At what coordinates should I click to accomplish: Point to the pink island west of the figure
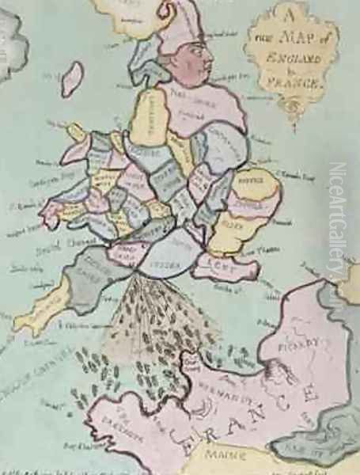pyautogui.click(x=72, y=79)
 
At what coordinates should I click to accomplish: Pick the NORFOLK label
pyautogui.click(x=263, y=179)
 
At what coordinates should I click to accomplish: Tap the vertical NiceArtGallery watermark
pyautogui.click(x=338, y=230)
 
